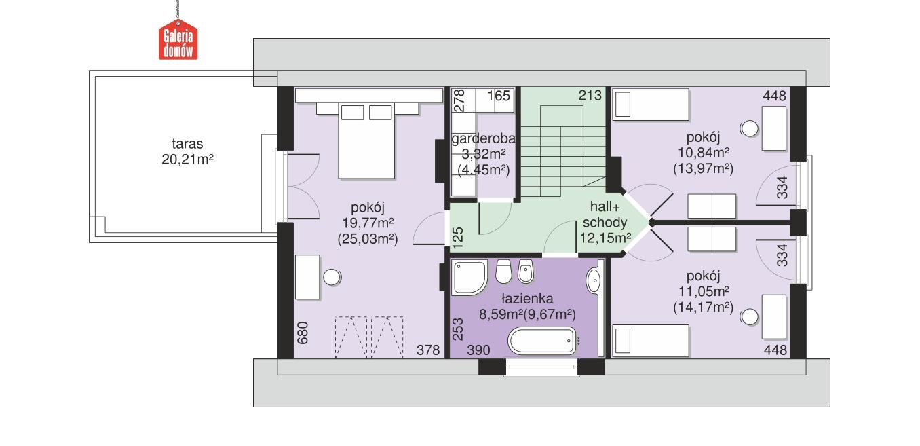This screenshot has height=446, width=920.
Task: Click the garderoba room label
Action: [483, 153]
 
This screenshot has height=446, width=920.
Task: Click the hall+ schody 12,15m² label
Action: [604, 223]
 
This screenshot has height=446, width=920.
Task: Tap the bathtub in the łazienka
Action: [541, 341]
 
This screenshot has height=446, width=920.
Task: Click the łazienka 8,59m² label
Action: [528, 307]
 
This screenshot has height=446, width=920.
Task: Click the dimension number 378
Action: [428, 350]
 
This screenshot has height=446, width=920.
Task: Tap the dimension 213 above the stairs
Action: [590, 96]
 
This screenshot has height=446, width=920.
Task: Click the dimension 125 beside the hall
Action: [457, 236]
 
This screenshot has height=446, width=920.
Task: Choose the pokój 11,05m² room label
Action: [703, 291]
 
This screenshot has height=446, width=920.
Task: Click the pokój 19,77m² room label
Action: [366, 223]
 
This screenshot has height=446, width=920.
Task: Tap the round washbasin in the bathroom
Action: [593, 280]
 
